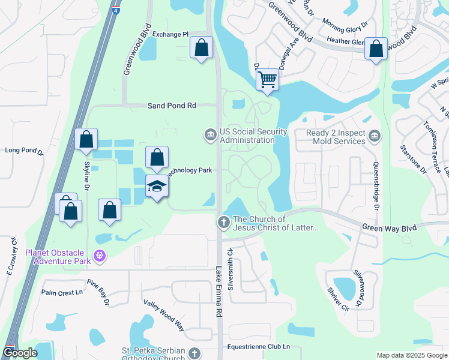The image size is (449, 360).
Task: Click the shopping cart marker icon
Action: tap(268, 79)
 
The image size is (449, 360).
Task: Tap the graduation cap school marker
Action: tap(157, 187)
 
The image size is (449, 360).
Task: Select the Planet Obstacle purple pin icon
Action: tap(100, 257)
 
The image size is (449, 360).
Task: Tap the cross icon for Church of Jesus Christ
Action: tap(224, 223)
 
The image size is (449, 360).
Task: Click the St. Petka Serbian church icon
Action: tap(194, 353)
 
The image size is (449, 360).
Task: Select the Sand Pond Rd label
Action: tap(172, 106)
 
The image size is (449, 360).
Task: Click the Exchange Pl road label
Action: tap(170, 35)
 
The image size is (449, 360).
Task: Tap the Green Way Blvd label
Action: tap(388, 227)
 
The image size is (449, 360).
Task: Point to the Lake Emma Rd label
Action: tap(220, 292)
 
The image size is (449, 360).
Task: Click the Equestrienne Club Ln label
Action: tap(259, 347)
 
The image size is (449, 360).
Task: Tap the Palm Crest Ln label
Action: tap(62, 292)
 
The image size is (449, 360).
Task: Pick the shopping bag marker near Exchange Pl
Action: tap(202, 47)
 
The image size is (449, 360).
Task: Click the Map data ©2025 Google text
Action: tap(411, 355)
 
